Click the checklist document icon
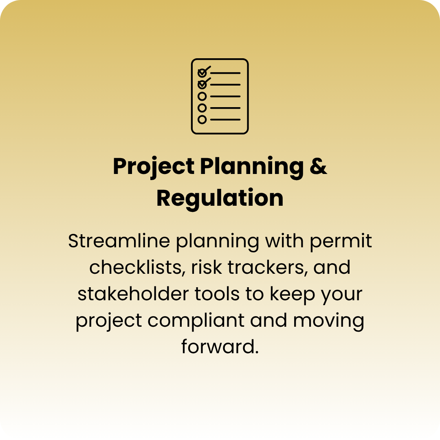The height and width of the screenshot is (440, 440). coord(220,96)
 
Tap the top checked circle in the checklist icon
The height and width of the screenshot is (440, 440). coord(202,73)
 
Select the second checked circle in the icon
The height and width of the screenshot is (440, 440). coord(202,84)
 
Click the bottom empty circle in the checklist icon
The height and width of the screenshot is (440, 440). coord(202,119)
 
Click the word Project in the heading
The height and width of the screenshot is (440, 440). coord(154,167)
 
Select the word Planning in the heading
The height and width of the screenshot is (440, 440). coord(252,167)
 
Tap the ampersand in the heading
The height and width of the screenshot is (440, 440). coord(318,166)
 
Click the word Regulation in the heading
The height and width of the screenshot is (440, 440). coord(220,198)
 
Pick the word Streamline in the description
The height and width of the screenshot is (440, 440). coord(119,241)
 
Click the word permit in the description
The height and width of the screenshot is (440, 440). coord(341,241)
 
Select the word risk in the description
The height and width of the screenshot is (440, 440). coord(207,267)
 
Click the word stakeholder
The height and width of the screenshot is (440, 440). coord(133,294)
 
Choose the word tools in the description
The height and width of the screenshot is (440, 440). coord(217,294)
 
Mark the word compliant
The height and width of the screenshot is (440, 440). coord(196,321)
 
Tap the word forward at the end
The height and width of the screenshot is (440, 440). coord(220,347)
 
